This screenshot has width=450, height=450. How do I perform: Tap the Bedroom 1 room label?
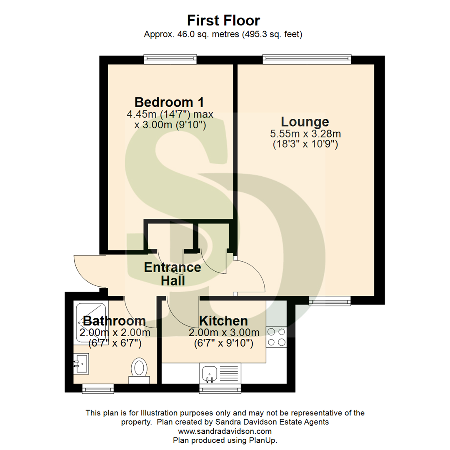169,102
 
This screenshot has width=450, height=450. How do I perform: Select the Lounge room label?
305,122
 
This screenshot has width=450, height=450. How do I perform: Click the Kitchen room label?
223,321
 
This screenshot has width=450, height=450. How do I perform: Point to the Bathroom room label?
115,321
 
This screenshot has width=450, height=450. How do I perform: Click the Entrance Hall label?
172,274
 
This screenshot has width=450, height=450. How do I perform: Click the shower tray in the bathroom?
91,321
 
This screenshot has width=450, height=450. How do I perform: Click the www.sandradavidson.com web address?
225,431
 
